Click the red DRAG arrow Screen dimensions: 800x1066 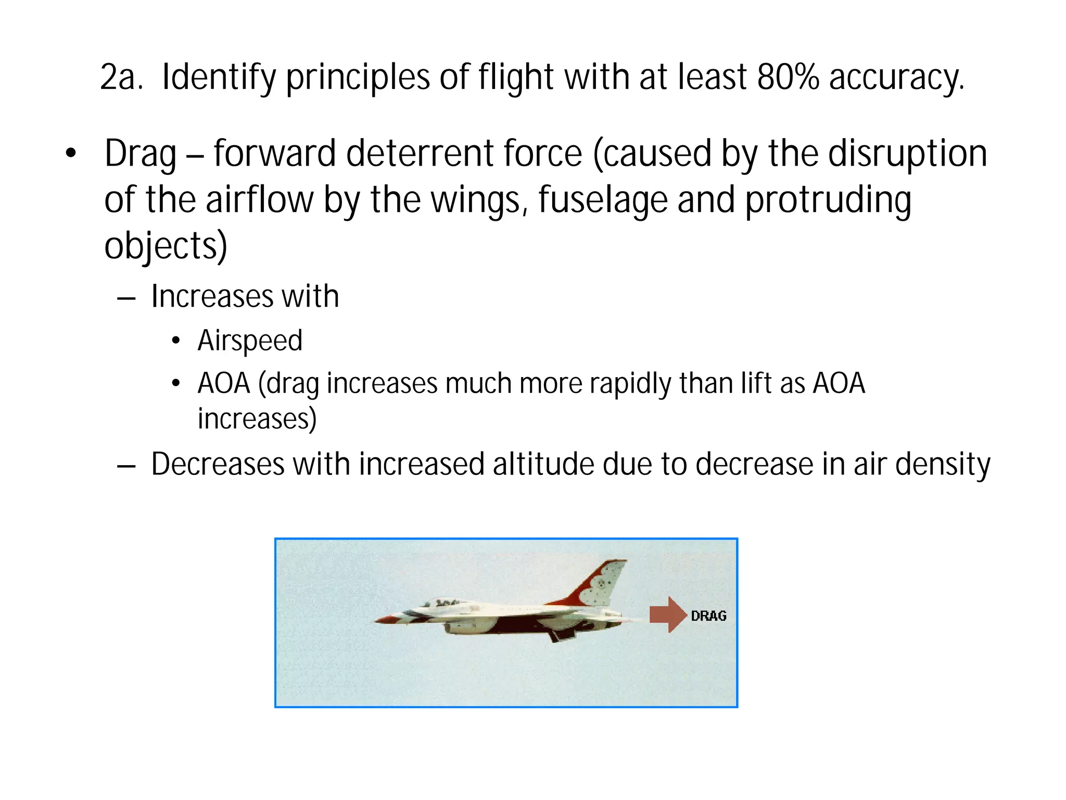(x=668, y=615)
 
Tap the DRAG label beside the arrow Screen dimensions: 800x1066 (x=708, y=616)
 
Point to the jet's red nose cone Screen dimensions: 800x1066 (x=385, y=620)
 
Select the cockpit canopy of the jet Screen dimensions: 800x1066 (x=442, y=603)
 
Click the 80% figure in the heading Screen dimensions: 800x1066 (x=788, y=77)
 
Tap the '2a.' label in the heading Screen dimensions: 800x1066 (x=121, y=78)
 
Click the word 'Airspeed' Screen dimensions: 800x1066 (x=250, y=341)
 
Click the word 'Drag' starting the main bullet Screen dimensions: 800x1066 (x=141, y=155)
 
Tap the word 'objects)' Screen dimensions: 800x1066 (x=166, y=246)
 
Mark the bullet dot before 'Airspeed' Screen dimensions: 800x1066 (x=176, y=341)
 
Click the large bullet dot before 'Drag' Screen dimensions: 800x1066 (x=71, y=154)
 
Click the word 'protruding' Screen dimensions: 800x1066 (x=828, y=201)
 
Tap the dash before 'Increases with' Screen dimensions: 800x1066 (x=126, y=298)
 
